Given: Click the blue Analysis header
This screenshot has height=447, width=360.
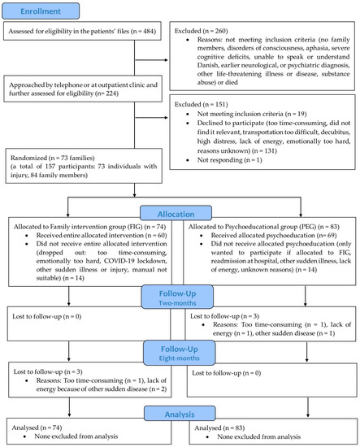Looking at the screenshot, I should [179, 392].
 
